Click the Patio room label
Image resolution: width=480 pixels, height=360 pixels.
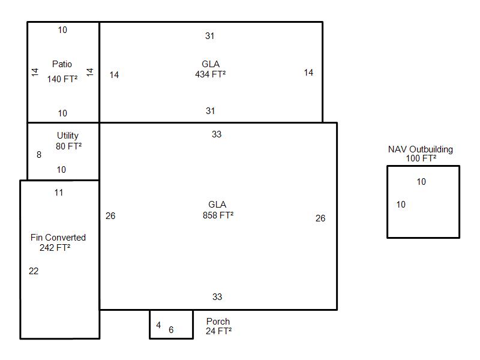click(62, 64)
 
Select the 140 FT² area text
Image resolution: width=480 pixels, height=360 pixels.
click(62, 79)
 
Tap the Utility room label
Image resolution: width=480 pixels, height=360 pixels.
click(68, 136)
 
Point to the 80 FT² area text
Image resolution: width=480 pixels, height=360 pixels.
click(68, 146)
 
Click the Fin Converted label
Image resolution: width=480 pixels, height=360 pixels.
click(58, 237)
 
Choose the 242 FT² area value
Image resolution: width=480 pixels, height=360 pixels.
click(55, 247)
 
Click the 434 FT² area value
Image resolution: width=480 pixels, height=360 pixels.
click(211, 74)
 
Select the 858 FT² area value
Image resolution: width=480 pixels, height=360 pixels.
click(218, 215)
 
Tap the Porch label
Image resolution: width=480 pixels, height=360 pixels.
click(218, 322)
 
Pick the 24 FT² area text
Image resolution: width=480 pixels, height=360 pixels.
click(218, 331)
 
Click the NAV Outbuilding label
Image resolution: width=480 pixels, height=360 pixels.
click(421, 149)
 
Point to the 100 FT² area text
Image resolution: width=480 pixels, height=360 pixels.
click(421, 158)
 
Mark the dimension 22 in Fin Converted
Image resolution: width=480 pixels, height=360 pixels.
click(34, 271)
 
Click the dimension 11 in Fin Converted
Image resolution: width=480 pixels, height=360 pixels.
click(59, 193)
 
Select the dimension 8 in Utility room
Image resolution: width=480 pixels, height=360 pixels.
click(39, 155)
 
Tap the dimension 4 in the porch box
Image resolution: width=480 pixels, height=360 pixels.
click(158, 325)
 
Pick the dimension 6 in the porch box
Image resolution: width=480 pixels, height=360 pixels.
click(171, 329)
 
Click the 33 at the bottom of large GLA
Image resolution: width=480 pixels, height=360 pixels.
click(217, 296)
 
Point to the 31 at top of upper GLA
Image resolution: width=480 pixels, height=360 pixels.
click(209, 36)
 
